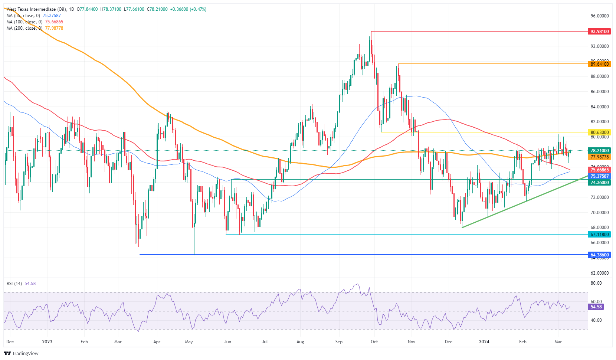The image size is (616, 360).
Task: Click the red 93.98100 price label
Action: (x=600, y=32)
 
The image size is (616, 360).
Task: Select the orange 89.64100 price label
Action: (x=600, y=64)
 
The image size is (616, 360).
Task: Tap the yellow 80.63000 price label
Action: (x=600, y=132)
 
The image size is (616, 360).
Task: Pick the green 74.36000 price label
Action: (x=600, y=183)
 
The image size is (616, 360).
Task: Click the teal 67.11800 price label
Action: (x=600, y=235)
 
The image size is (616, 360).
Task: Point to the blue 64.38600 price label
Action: (x=600, y=255)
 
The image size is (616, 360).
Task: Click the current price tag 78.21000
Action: (x=600, y=151)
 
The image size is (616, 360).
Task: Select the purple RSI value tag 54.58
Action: (x=596, y=307)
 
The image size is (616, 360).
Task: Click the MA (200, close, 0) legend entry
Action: (x=24, y=28)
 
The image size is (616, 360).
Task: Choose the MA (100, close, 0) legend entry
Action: (x=24, y=22)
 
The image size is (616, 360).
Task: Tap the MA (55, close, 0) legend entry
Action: (x=23, y=16)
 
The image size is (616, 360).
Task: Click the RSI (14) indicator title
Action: (x=14, y=284)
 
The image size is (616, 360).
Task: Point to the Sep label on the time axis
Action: (x=339, y=342)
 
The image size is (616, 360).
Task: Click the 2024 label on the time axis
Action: (x=484, y=342)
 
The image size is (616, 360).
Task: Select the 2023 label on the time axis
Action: (x=47, y=342)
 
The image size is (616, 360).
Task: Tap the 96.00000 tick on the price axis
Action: (x=600, y=16)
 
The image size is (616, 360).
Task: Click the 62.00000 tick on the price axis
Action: (x=600, y=273)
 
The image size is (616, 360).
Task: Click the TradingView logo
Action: (x=21, y=353)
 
